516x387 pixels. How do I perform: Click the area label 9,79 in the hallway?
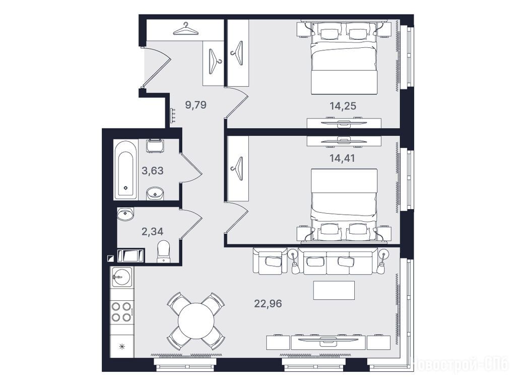tap(196, 105)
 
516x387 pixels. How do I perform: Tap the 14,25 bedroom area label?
tap(343, 106)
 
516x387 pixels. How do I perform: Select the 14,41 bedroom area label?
tap(342, 158)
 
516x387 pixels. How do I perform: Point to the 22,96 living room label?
tap(268, 303)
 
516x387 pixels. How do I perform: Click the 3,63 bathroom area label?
tap(152, 171)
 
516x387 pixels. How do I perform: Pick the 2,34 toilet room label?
tap(152, 231)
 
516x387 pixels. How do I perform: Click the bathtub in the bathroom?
tap(125, 169)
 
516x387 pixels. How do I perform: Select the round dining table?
tap(196, 320)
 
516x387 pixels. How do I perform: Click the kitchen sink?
tap(122, 276)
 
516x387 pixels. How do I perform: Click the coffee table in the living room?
tap(334, 290)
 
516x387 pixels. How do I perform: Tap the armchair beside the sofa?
tap(270, 262)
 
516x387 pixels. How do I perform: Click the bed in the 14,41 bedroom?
tap(344, 206)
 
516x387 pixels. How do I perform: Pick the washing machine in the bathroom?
tap(155, 146)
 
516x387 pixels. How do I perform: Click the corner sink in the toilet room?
tap(125, 214)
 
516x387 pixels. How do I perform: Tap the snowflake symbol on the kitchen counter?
tap(122, 346)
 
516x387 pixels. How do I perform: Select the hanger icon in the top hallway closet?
tap(186, 29)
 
